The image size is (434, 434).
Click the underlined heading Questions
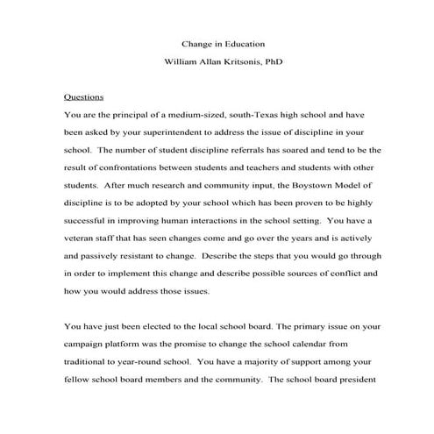[x=84, y=97]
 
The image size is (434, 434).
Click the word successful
[x=89, y=224]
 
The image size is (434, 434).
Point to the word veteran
[x=85, y=243]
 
